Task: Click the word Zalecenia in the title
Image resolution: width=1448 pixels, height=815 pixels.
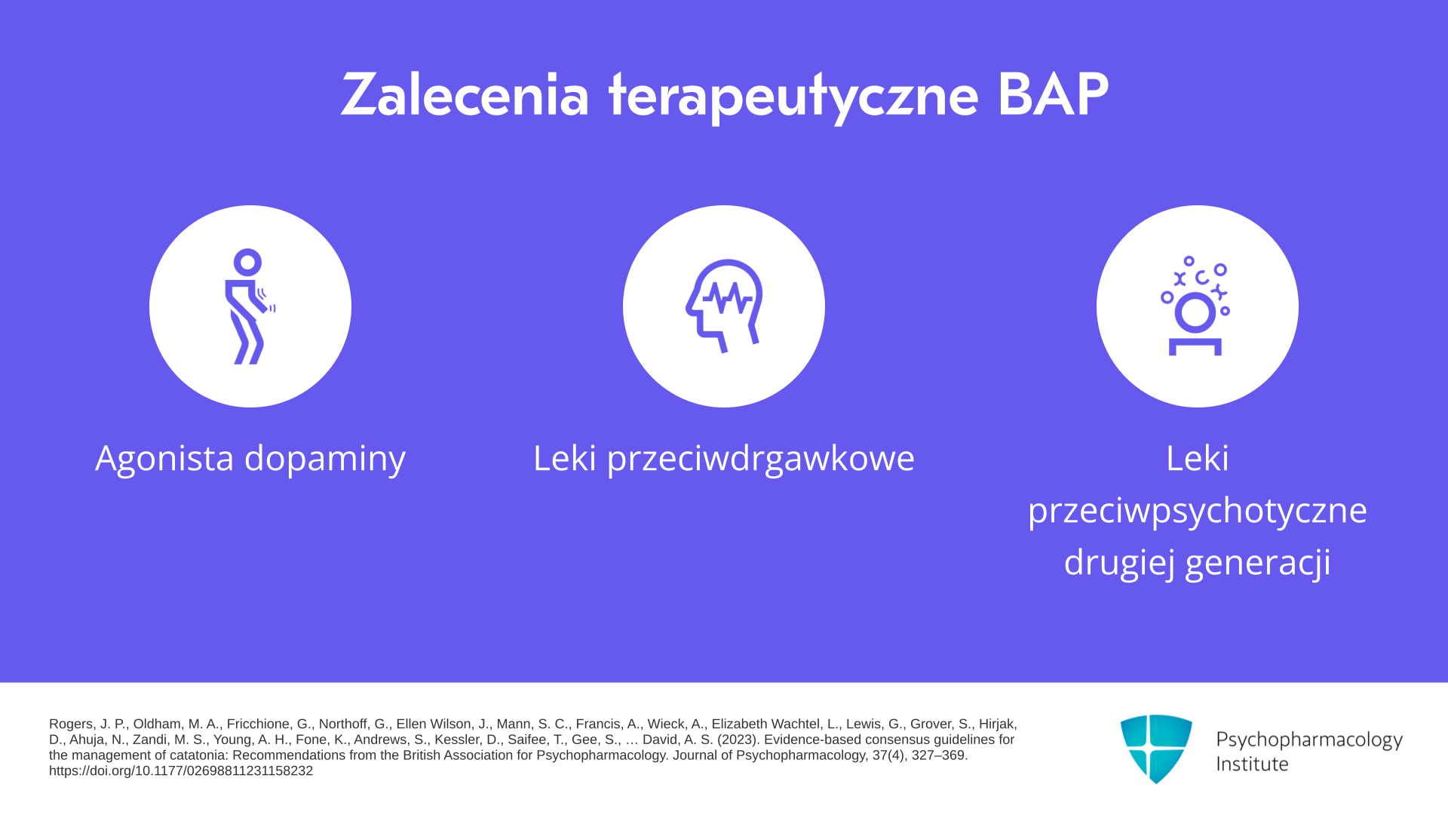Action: click(465, 95)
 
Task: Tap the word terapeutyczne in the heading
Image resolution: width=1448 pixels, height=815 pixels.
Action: click(793, 97)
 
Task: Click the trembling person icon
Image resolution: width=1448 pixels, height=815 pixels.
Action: click(250, 306)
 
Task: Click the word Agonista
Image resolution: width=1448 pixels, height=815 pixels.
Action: click(164, 459)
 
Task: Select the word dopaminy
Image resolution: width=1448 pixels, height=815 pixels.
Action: click(325, 459)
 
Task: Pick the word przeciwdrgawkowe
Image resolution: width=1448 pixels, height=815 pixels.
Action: click(761, 459)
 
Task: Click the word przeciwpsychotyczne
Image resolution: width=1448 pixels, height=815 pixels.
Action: click(1198, 511)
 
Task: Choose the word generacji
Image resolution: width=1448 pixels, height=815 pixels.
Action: click(1258, 563)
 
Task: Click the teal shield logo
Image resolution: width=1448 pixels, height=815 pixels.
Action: click(1156, 749)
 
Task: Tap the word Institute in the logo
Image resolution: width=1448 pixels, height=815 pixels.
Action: click(1252, 764)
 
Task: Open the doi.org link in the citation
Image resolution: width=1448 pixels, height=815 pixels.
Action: click(181, 770)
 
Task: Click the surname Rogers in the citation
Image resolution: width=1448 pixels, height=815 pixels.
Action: click(72, 724)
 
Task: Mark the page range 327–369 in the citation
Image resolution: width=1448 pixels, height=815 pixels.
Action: click(938, 755)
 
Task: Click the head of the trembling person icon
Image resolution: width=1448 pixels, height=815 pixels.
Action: click(247, 262)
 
